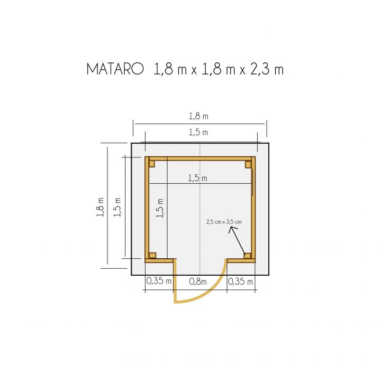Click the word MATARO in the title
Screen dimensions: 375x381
115,70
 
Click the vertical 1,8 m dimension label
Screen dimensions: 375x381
100,208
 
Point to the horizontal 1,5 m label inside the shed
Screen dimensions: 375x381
197,179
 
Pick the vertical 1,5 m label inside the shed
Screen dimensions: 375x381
160,208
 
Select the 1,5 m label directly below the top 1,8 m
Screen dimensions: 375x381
197,132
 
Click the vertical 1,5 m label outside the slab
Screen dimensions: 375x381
117,208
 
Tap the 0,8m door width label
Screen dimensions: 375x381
198,282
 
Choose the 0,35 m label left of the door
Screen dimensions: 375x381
159,282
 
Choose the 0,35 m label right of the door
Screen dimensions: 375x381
241,282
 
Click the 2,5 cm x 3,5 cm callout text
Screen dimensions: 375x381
223,222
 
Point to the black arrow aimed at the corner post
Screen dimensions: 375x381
237,241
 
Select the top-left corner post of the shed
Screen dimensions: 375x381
152,164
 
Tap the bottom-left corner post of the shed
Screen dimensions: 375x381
152,255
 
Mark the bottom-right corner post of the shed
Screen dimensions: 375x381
248,256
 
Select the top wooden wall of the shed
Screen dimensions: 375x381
200,158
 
